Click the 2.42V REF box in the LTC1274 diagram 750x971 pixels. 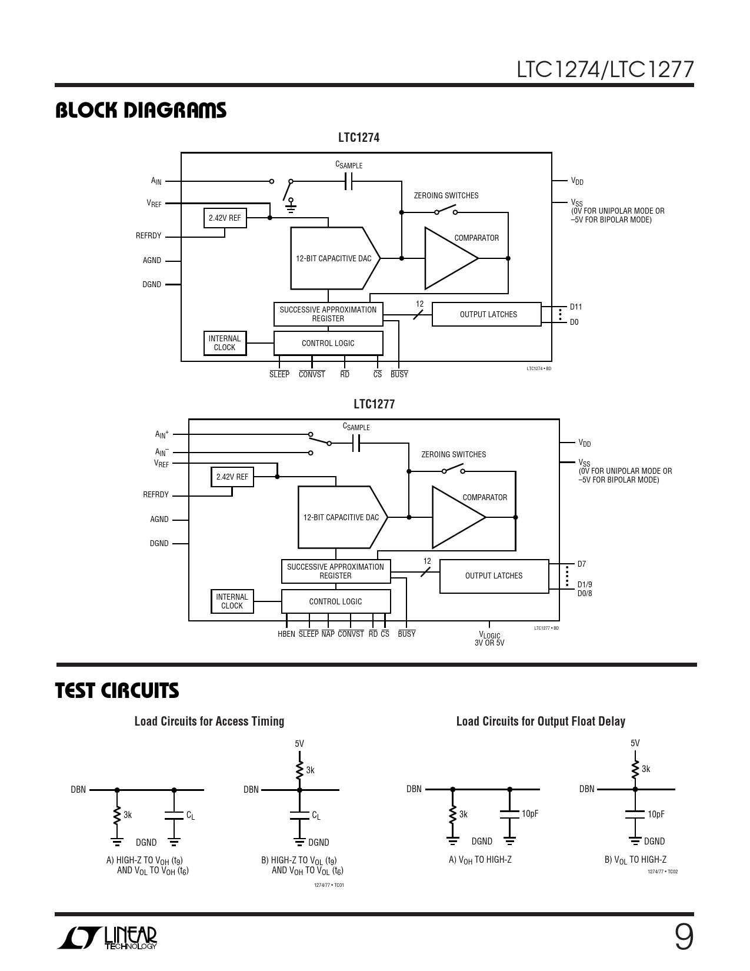[225, 218]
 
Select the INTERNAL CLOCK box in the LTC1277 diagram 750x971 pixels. [232, 601]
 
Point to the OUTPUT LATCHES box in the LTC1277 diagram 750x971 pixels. [494, 576]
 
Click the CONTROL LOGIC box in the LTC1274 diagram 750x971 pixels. [328, 344]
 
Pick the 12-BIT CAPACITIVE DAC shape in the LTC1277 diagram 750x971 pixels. [342, 517]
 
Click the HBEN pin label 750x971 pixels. [286, 634]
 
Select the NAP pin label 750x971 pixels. [328, 634]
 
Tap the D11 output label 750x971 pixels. [576, 307]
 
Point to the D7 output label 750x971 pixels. [582, 564]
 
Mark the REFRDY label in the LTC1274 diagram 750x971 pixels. [148, 236]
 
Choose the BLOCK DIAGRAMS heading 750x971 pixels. [141, 111]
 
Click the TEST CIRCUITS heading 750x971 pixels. [117, 691]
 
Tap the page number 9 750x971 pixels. [683, 938]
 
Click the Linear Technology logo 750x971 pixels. [108, 939]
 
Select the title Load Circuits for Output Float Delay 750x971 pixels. [541, 721]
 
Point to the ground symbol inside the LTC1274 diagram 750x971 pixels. [291, 204]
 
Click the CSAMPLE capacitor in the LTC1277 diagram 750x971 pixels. [355, 443]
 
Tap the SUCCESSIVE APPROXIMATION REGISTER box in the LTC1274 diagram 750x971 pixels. [328, 314]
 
